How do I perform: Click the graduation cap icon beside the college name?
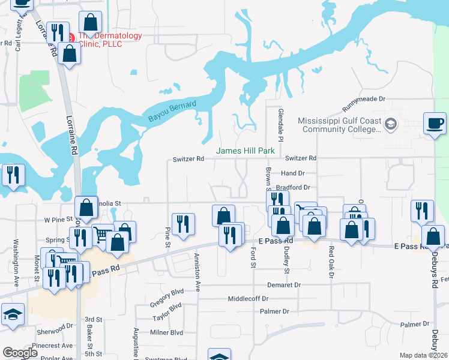coord(391,124)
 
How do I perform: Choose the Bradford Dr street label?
coord(300,187)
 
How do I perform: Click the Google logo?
coord(20,353)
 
